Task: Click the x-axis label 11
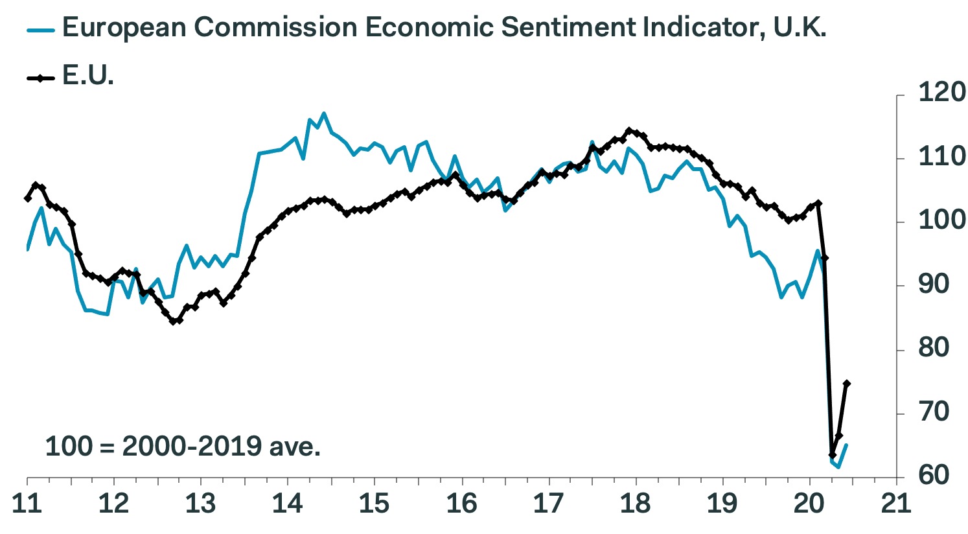pos(27,504)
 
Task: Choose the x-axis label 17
pos(549,504)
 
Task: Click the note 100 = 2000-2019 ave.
pos(183,447)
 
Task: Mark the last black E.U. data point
pos(846,384)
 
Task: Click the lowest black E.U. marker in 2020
pos(833,455)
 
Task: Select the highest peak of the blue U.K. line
pos(324,113)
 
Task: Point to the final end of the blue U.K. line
pos(847,445)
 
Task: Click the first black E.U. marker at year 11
pos(27,198)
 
